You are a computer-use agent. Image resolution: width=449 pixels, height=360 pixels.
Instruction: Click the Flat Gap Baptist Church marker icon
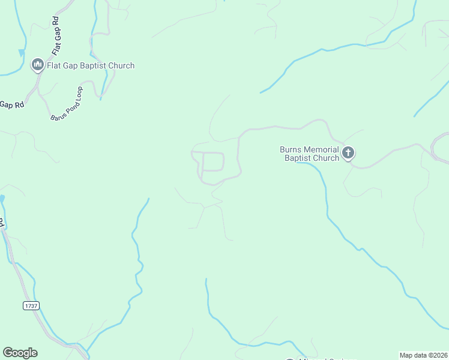point(38,65)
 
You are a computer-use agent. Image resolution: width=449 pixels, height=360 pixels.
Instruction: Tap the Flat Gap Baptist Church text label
point(91,65)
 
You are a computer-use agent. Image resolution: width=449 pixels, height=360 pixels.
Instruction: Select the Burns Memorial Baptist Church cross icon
point(348,154)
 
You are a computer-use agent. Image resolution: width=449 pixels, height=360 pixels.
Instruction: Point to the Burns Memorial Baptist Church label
point(309,154)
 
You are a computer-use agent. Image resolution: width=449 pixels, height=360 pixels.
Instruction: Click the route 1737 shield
point(31,305)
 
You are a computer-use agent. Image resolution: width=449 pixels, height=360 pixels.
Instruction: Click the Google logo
point(20,353)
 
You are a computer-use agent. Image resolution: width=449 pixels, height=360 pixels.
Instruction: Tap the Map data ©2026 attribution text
point(424,355)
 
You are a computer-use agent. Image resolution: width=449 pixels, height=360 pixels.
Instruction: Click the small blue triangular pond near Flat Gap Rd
point(22,53)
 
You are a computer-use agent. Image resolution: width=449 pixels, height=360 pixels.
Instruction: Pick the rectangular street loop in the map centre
point(213,162)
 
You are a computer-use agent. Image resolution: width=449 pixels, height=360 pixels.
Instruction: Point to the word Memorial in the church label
point(322,149)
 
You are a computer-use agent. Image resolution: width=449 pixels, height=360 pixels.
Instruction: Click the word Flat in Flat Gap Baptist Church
point(55,65)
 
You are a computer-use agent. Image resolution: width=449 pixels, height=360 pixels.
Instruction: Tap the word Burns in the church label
point(291,149)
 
